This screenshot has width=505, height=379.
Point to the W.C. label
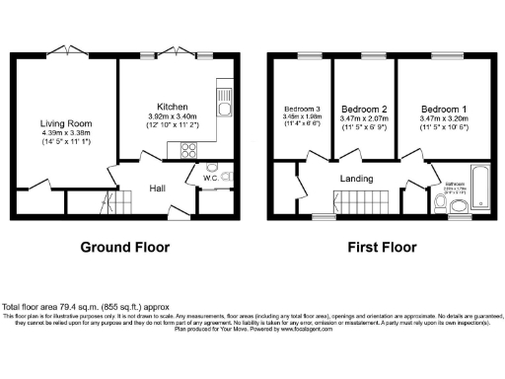click(x=210, y=180)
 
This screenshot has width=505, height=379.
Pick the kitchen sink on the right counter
click(x=226, y=110)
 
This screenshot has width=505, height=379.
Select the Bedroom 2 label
click(x=362, y=108)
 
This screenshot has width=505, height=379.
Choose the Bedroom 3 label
click(x=302, y=108)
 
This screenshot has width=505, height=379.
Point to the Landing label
click(x=355, y=178)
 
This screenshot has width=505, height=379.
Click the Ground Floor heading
click(x=124, y=247)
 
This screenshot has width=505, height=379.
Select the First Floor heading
click(x=378, y=247)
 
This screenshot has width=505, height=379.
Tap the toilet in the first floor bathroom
click(x=457, y=206)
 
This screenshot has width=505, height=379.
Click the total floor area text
click(x=74, y=307)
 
